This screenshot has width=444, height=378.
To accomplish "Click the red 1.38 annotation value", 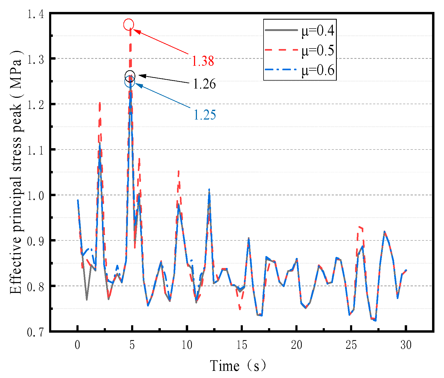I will pyautogui.click(x=203, y=61).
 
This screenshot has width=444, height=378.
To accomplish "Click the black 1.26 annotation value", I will pyautogui.click(x=204, y=84).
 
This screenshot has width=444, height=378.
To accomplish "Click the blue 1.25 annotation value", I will pyautogui.click(x=205, y=115).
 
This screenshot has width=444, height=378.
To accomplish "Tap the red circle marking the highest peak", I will pyautogui.click(x=129, y=24).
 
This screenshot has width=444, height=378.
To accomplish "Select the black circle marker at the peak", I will pyautogui.click(x=130, y=76).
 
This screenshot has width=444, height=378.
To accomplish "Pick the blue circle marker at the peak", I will pyautogui.click(x=130, y=82).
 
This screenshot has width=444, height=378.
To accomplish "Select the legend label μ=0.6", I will pyautogui.click(x=318, y=70).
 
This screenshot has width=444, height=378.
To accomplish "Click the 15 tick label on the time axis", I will pyautogui.click(x=242, y=345).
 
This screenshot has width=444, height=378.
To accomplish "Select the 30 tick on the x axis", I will pyautogui.click(x=406, y=345).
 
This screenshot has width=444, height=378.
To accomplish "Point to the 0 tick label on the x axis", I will pyautogui.click(x=77, y=345).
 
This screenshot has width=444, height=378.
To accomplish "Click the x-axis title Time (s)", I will pyautogui.click(x=238, y=366).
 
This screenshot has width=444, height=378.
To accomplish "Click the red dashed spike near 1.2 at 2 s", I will pyautogui.click(x=100, y=106).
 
